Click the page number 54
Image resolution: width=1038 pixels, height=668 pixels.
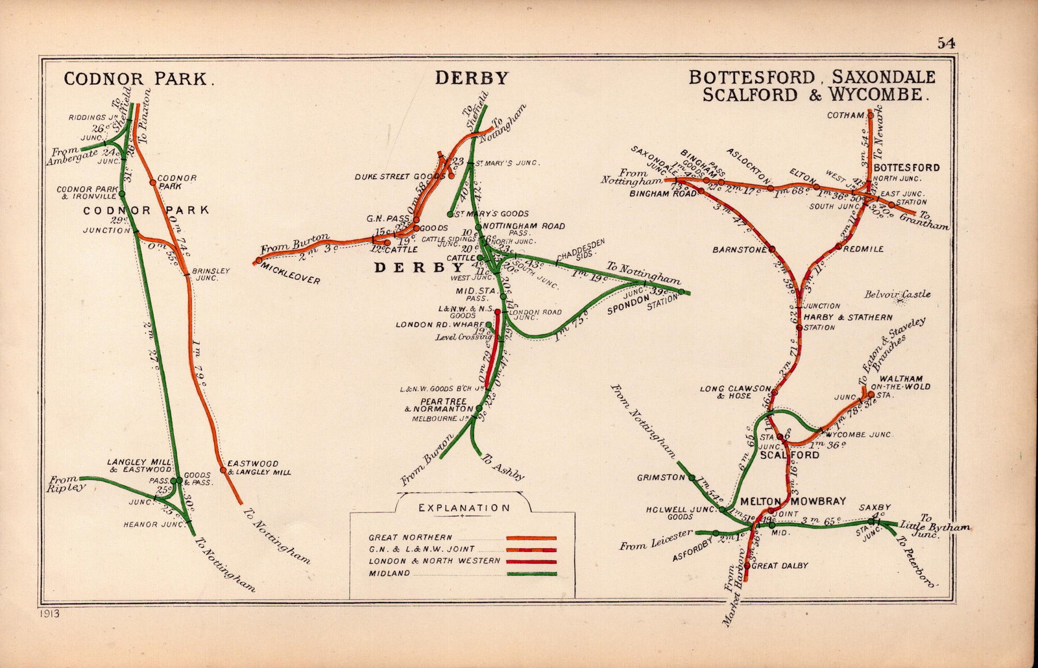pos(945,43)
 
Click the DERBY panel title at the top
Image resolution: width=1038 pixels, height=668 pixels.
pos(472,78)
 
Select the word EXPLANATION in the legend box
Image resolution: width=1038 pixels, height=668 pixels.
pos(463,508)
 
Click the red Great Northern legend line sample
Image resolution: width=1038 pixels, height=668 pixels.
pos(532,538)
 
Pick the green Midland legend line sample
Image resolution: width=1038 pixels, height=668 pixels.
pos(532,574)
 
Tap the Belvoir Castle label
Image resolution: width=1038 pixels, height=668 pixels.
pos(898,294)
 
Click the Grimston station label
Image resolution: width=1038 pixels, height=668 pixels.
pos(660,477)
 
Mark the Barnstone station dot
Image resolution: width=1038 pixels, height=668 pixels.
pos(772,249)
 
